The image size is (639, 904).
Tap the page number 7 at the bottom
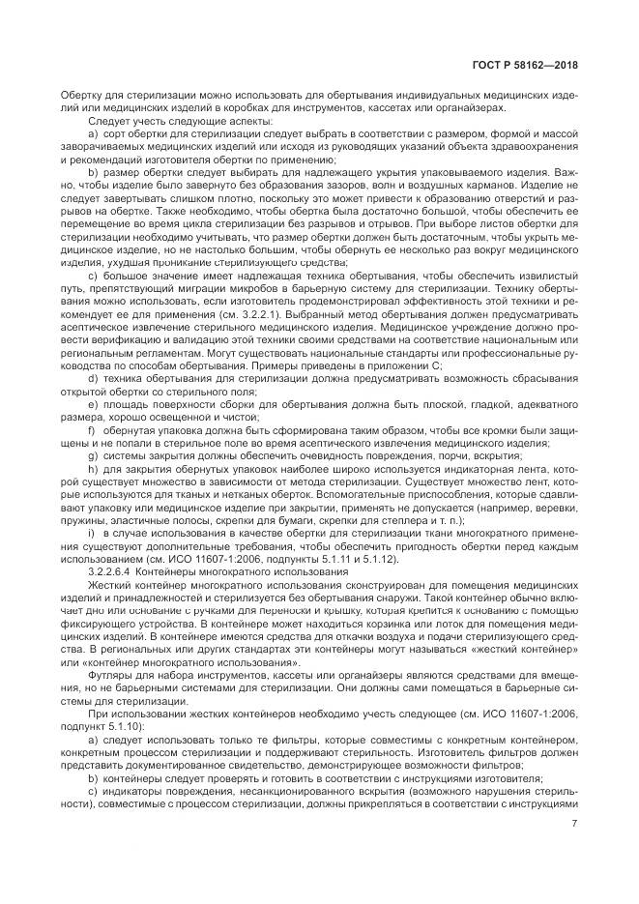[x=575, y=824]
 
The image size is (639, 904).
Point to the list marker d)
[x=93, y=378]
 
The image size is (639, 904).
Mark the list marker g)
[x=93, y=453]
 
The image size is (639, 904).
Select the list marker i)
[x=91, y=533]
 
